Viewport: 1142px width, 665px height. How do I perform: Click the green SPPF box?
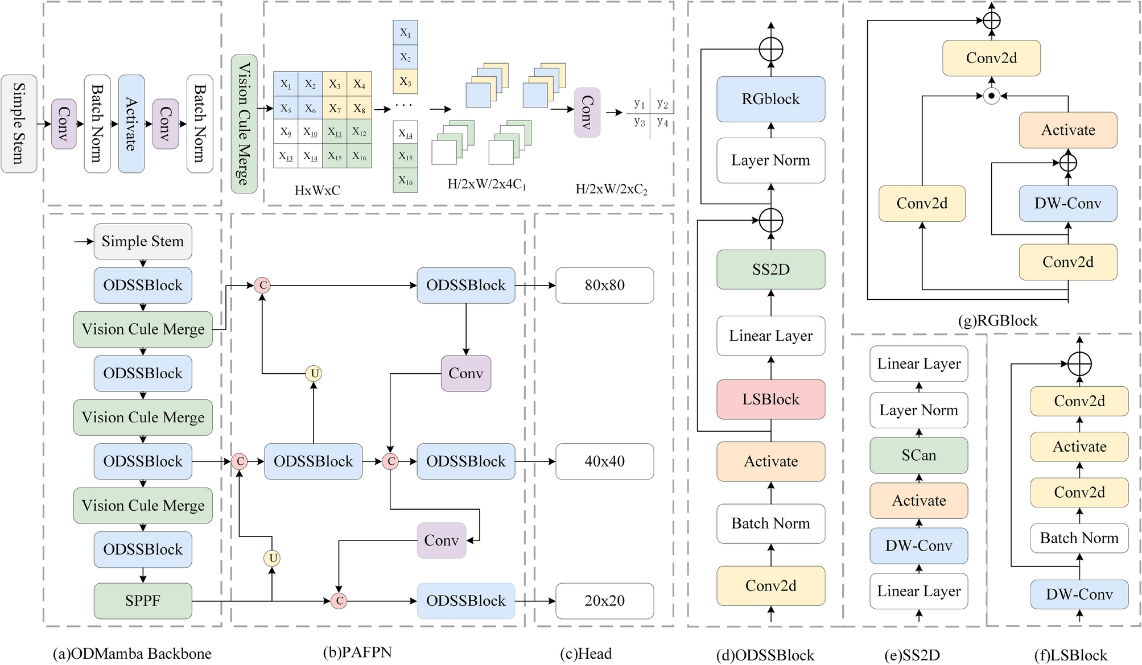[x=143, y=601]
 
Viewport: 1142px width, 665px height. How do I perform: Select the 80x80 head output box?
[x=604, y=285]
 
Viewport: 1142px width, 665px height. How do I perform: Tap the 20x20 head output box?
[x=604, y=601]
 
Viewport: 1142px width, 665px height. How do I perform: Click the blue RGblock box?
[x=770, y=99]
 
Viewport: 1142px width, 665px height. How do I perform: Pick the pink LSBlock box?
[x=770, y=399]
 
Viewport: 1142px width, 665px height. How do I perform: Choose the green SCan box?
[x=918, y=455]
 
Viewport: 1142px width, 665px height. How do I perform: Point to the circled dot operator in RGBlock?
[x=991, y=96]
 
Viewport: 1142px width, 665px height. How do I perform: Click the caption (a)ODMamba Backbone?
[x=132, y=654]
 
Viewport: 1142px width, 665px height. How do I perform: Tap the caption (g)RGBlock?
[x=997, y=321]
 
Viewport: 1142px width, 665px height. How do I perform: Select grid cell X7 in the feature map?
[x=335, y=108]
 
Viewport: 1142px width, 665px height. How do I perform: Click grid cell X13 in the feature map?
[x=286, y=156]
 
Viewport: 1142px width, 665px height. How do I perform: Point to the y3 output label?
[x=640, y=122]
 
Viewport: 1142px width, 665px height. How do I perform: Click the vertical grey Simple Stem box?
[x=19, y=123]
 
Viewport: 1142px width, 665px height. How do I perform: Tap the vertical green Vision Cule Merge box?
[x=244, y=123]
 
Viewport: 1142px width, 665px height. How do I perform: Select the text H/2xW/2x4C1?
[x=487, y=184]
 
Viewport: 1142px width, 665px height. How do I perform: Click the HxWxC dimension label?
[x=318, y=191]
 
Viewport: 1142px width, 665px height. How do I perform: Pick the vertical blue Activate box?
[x=131, y=123]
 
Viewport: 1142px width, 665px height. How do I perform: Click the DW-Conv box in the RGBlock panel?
[x=1067, y=203]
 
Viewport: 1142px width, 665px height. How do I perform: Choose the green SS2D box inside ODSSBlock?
[x=770, y=270]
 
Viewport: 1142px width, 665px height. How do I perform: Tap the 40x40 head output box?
[x=604, y=461]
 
